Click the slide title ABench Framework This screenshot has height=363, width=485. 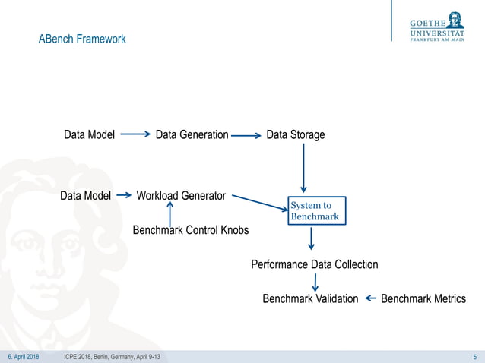point(82,39)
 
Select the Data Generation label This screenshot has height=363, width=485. point(192,135)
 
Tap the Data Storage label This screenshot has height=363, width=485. point(295,135)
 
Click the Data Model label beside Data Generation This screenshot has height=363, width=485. point(89,135)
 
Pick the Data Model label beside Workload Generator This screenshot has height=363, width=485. point(85,196)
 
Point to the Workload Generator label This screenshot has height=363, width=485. point(181,196)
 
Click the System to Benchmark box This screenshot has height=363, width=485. point(314,211)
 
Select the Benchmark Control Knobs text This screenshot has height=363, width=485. point(191,230)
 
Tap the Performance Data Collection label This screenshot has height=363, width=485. point(314,264)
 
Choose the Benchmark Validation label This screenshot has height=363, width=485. point(310,298)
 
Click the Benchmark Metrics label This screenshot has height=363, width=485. point(423,298)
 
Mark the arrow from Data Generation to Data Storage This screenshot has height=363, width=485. point(246,136)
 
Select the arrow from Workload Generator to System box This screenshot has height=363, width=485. point(259,202)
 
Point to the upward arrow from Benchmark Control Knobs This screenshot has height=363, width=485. point(170,205)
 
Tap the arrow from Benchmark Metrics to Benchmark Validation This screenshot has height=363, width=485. point(370,298)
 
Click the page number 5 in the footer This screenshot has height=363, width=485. point(474,357)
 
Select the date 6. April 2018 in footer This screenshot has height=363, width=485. point(24,357)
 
